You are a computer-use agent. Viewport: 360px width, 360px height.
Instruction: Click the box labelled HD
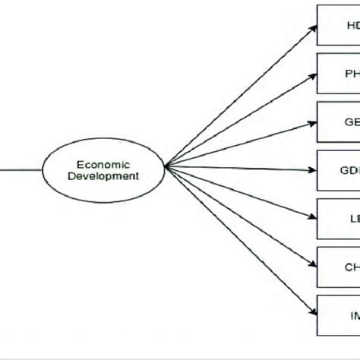338,24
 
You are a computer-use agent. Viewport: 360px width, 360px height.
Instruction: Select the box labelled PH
338,73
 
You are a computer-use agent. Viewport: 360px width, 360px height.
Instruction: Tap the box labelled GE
338,122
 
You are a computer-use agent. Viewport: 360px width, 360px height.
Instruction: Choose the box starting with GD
338,170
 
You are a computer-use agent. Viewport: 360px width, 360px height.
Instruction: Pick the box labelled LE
338,219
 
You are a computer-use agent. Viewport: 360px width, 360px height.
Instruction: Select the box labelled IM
338,316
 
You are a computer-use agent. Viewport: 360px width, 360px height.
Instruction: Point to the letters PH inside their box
351,73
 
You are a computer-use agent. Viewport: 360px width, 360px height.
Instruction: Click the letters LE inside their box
352,219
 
